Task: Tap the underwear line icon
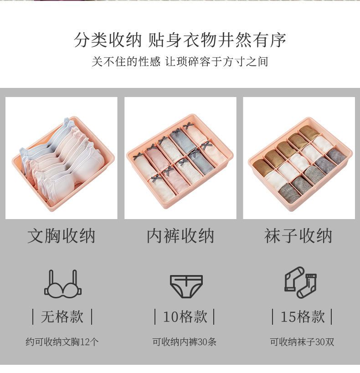(x=186, y=286)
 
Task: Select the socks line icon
(x=300, y=282)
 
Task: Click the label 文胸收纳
(x=62, y=236)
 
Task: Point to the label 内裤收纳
(x=180, y=236)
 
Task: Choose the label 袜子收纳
(x=298, y=236)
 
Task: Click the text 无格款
(x=62, y=317)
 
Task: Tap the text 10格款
(x=185, y=317)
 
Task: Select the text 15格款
(x=303, y=317)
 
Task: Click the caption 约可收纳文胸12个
(x=62, y=342)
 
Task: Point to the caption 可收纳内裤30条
(x=184, y=342)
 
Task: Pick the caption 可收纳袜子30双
(x=302, y=342)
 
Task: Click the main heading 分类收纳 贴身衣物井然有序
(x=180, y=40)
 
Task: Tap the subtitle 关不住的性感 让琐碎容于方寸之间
(x=180, y=61)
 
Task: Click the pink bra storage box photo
(x=62, y=158)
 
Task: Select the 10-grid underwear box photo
(x=180, y=158)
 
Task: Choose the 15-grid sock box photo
(x=299, y=158)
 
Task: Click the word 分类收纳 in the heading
(x=108, y=40)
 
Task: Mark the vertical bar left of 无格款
(x=33, y=317)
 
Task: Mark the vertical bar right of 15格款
(x=331, y=317)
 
